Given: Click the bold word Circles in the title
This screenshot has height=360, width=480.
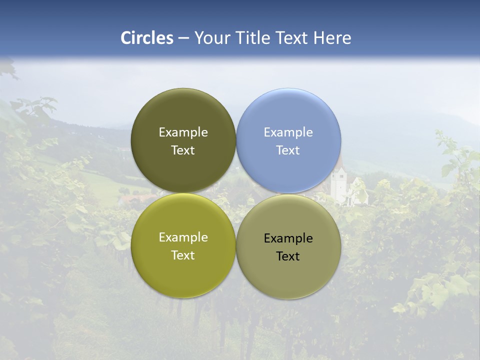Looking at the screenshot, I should (x=147, y=37).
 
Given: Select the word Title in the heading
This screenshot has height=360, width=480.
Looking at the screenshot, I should (x=251, y=37).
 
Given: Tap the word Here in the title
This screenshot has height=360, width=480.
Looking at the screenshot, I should (x=332, y=37).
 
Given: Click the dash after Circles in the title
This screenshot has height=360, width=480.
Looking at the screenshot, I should (x=183, y=38).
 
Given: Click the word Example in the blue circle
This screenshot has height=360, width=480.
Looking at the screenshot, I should (x=288, y=132).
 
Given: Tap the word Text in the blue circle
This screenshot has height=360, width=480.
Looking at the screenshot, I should (x=288, y=150).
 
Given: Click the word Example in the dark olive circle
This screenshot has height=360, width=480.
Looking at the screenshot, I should (x=183, y=132).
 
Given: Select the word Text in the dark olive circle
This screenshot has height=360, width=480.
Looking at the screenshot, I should (x=183, y=150).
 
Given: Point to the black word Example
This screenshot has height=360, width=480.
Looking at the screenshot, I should (x=288, y=238).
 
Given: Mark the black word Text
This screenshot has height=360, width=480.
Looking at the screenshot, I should (x=288, y=256).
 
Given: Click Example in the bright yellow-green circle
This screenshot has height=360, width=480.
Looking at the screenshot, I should (x=183, y=237).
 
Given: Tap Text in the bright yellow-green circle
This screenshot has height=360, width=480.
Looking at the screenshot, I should (x=183, y=255).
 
